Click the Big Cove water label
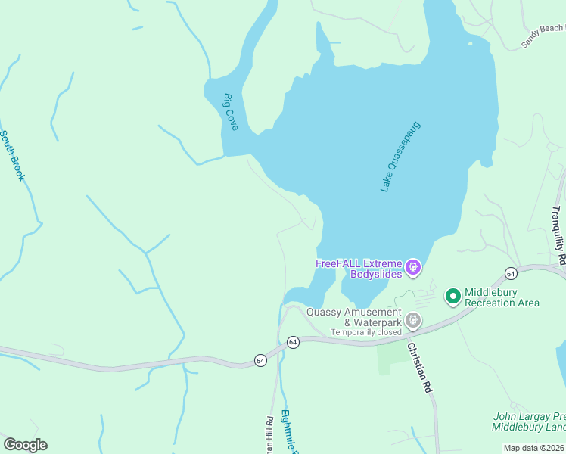pos(231,111)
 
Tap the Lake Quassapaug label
pos(400,156)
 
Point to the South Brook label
pos(12,156)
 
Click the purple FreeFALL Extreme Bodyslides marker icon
pos(413,266)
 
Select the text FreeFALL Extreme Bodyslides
pos(359,269)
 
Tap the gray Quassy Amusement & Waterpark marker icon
pos(413,321)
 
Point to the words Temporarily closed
pos(366,332)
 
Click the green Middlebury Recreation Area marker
pos(452,295)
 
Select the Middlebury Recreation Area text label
pos(502,297)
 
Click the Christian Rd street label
pos(418,368)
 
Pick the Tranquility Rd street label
pos(558,235)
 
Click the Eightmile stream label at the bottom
pos(288,430)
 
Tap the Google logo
pos(25,445)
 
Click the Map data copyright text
pos(534,448)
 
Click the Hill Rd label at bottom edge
pos(268,431)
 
